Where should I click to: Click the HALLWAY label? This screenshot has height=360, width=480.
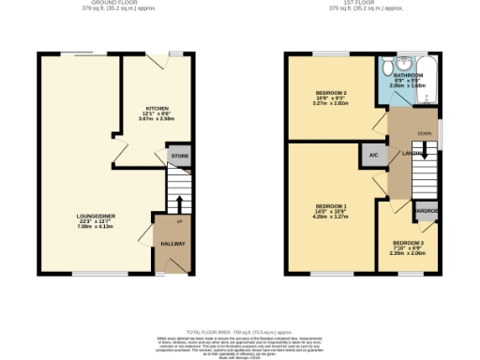point(174,244)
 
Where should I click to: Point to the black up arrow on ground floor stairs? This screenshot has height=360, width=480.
point(178,203)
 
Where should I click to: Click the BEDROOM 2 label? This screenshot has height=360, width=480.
point(331,93)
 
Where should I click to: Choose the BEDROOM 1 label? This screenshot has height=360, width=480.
point(331,205)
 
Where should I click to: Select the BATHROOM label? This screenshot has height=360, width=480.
point(408,74)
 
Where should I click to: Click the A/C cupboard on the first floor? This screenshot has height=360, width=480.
point(372,156)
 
